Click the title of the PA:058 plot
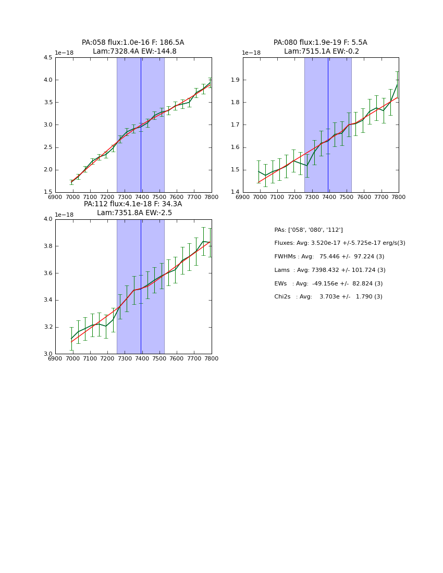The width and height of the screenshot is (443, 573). pyautogui.click(x=133, y=47)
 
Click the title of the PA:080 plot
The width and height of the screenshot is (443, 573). pyautogui.click(x=321, y=47)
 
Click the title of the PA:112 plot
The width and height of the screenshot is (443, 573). pyautogui.click(x=133, y=208)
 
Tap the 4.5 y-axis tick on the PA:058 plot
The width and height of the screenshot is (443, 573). pyautogui.click(x=47, y=58)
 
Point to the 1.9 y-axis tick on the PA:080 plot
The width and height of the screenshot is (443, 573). pyautogui.click(x=235, y=80)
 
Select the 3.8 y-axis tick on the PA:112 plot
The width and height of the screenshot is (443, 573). pyautogui.click(x=47, y=246)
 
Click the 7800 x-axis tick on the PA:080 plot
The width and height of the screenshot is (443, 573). pyautogui.click(x=399, y=197)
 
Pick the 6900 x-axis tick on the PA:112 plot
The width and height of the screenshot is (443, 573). pyautogui.click(x=55, y=358)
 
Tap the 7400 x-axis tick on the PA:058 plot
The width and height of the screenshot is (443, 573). pyautogui.click(x=142, y=197)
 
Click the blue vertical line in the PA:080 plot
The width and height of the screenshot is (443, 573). pyautogui.click(x=328, y=125)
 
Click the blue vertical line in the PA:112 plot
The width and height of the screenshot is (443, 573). pyautogui.click(x=141, y=286)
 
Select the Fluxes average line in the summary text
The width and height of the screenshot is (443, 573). pyautogui.click(x=339, y=243)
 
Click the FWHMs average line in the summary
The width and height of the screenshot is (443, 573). pyautogui.click(x=329, y=257)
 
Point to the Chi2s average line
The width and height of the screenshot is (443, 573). pyautogui.click(x=328, y=297)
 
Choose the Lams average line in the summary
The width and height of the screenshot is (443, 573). pyautogui.click(x=329, y=270)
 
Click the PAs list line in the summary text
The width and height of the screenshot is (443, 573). pyautogui.click(x=308, y=230)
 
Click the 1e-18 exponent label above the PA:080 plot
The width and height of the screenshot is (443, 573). pyautogui.click(x=251, y=53)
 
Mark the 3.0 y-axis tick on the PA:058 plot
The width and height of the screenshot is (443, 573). pyautogui.click(x=47, y=125)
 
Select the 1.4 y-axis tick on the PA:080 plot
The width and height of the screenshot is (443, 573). pyautogui.click(x=235, y=192)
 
